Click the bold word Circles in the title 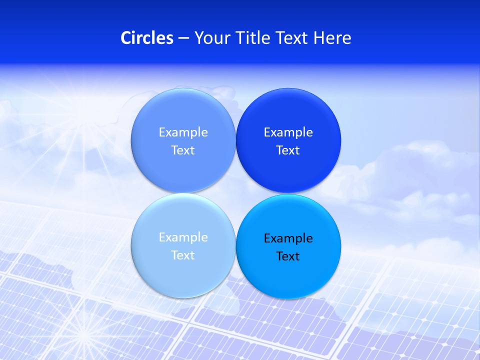tap(146, 38)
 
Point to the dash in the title tap(183, 38)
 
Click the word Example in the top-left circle tap(183, 132)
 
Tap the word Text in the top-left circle tap(183, 150)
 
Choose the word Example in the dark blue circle tap(288, 132)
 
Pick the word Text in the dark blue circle tap(288, 150)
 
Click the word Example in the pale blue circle tap(183, 237)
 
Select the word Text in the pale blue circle tap(183, 255)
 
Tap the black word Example tap(288, 238)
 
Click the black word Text tap(288, 256)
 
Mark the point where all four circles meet tap(235, 193)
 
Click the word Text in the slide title tap(292, 38)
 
